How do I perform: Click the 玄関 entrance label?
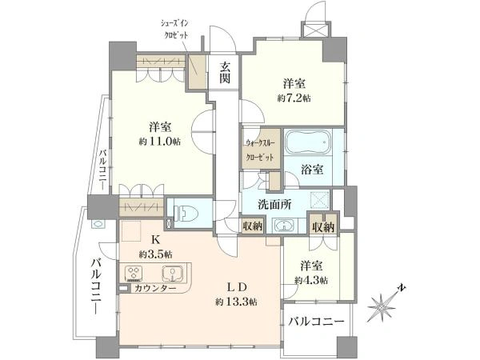[225, 74]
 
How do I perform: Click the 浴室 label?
[313, 170]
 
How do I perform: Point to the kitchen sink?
[178, 274]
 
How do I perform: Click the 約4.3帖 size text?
[311, 280]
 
